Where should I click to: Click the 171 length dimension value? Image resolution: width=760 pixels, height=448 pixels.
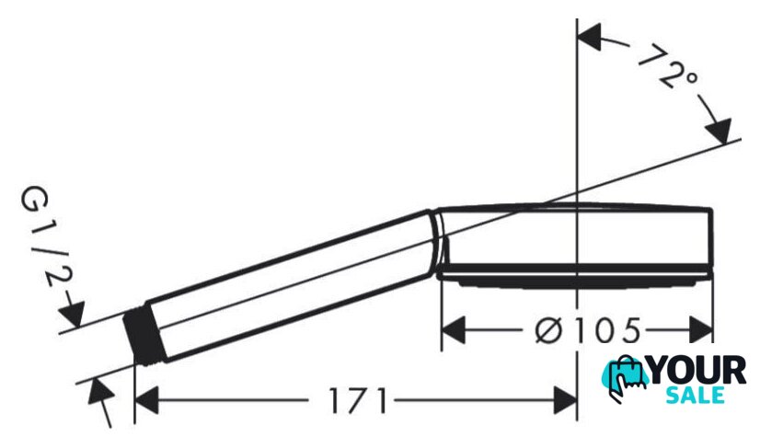(x=359, y=400)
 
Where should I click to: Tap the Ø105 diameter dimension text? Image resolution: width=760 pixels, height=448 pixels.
(x=588, y=331)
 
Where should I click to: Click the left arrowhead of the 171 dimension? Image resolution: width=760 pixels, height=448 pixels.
(x=146, y=400)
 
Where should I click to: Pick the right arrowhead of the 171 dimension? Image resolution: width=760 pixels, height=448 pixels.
(x=565, y=400)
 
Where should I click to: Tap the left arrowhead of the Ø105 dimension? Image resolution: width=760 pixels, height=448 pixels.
(x=454, y=331)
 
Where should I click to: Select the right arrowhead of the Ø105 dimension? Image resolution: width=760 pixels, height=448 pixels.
(x=701, y=331)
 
